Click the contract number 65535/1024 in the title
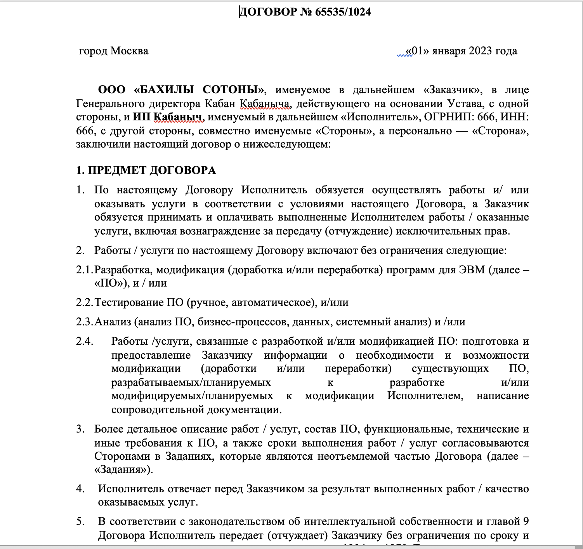pos(343,12)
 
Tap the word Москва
pos(129,51)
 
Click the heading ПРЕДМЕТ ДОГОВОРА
pos(152,170)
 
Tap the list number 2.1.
pos(84,269)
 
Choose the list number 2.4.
pos(84,341)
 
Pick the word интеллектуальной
pos(349,521)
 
